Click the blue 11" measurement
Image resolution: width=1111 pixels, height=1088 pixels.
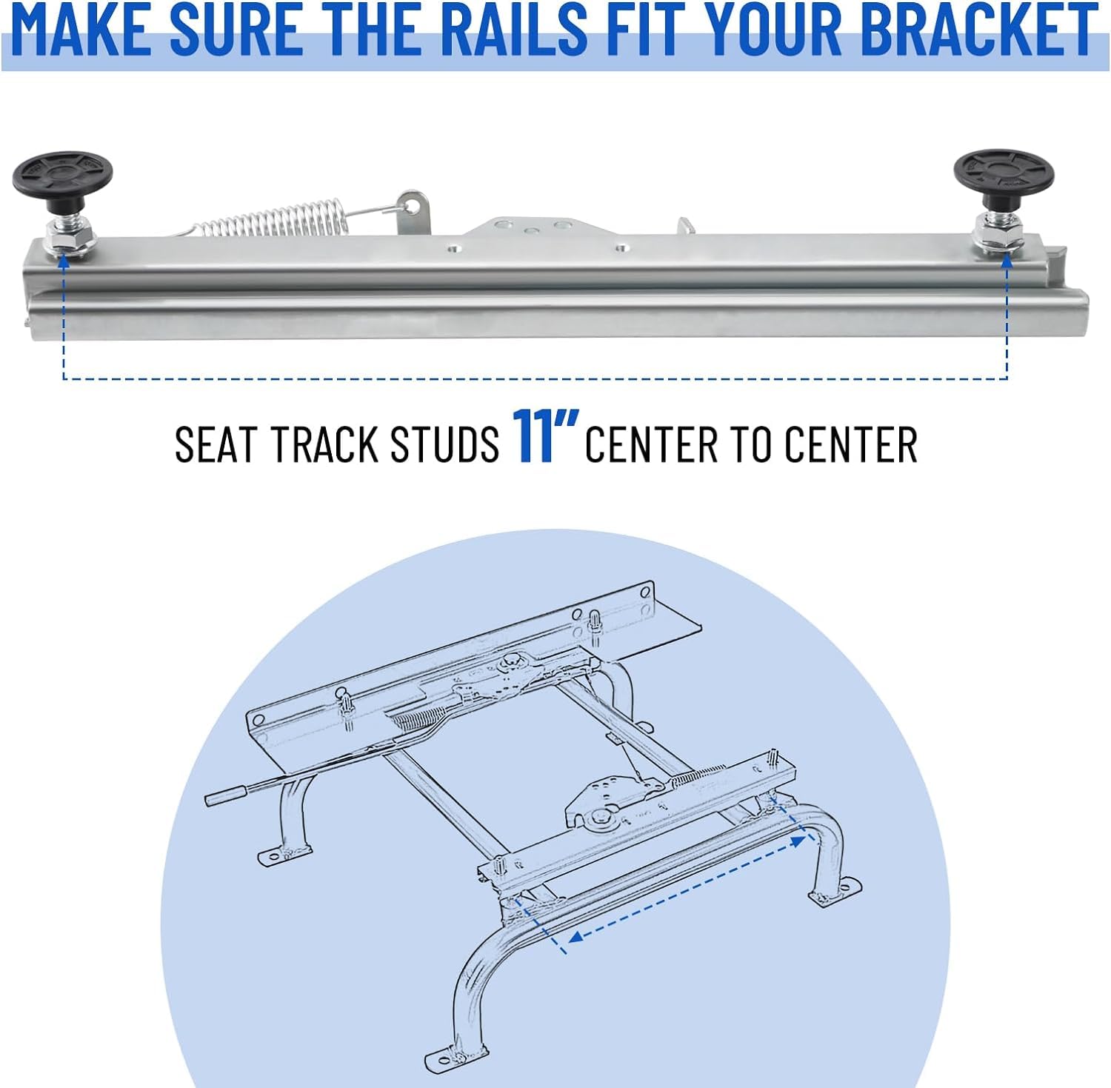tap(545, 435)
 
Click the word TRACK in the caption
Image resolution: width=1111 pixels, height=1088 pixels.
tap(325, 444)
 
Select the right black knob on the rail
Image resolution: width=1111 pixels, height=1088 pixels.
tap(1004, 175)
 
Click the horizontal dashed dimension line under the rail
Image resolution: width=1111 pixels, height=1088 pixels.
tap(535, 379)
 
